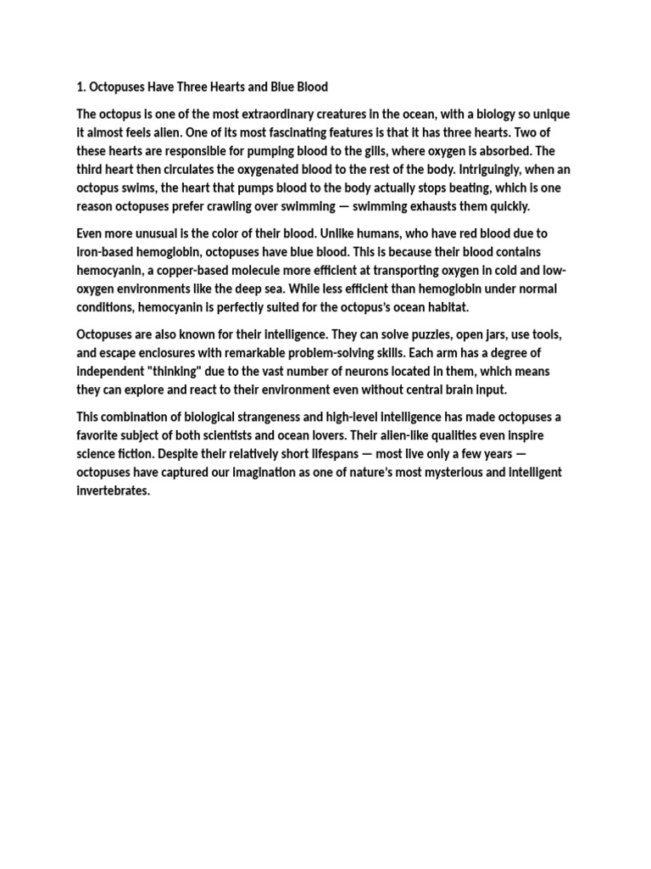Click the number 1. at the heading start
click(81, 87)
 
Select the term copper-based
click(202, 271)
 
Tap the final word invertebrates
click(112, 491)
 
